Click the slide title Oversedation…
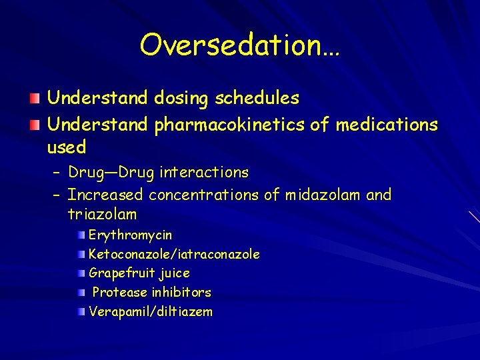coord(239,45)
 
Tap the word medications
coord(387,124)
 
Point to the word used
coord(67,146)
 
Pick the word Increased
coord(105,195)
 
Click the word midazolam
coord(322,195)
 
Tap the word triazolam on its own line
coord(102,215)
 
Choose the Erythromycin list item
coord(130,235)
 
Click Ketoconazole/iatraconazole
coord(174,255)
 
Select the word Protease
coord(120,292)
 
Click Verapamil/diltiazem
coord(151,311)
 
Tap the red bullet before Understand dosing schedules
coord(35,99)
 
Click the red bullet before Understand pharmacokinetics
coord(35,125)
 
